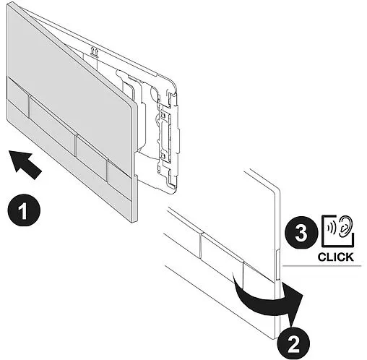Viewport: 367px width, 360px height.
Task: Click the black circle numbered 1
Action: click(x=24, y=210)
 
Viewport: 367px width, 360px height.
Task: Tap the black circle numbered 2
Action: click(x=293, y=341)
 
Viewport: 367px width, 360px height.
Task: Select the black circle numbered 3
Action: click(x=301, y=232)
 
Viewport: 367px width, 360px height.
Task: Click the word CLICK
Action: click(x=336, y=257)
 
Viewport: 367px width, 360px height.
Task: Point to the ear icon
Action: click(x=345, y=226)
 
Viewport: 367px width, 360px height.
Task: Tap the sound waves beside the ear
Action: click(x=332, y=226)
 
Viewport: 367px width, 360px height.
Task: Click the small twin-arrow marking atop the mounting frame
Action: click(x=94, y=51)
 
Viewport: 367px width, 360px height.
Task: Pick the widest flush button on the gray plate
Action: click(x=52, y=124)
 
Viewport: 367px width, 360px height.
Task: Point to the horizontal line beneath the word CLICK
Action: click(x=322, y=266)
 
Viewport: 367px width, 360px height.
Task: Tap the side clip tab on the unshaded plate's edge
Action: click(x=277, y=265)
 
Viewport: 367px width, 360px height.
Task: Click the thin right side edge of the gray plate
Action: click(x=135, y=162)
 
